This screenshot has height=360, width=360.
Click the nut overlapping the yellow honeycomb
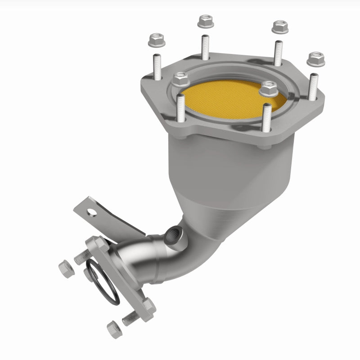click(269, 89)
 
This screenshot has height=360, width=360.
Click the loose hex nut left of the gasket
click(64, 269)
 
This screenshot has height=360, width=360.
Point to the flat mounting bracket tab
click(108, 218)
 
